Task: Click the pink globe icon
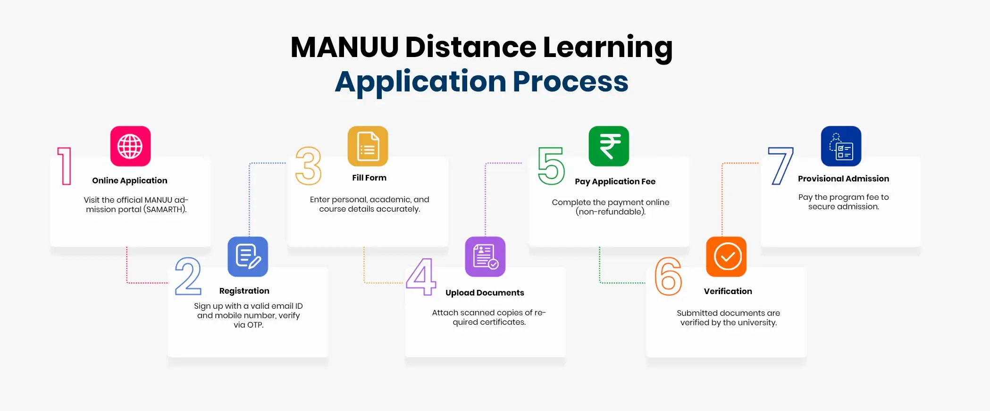(130, 146)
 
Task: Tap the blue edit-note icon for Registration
(248, 256)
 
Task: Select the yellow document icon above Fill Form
(368, 146)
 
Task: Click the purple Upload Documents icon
(485, 256)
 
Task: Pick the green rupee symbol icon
(609, 146)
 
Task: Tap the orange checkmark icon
(726, 256)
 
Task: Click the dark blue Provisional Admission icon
(841, 146)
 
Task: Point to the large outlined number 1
(65, 166)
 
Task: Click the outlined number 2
(188, 276)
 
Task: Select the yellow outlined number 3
(308, 166)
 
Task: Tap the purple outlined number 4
(421, 277)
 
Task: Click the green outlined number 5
(551, 166)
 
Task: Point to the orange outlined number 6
(668, 276)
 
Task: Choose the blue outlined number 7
(780, 166)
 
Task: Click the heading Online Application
(130, 181)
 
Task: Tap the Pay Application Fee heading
(615, 181)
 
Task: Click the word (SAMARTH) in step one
(165, 209)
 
